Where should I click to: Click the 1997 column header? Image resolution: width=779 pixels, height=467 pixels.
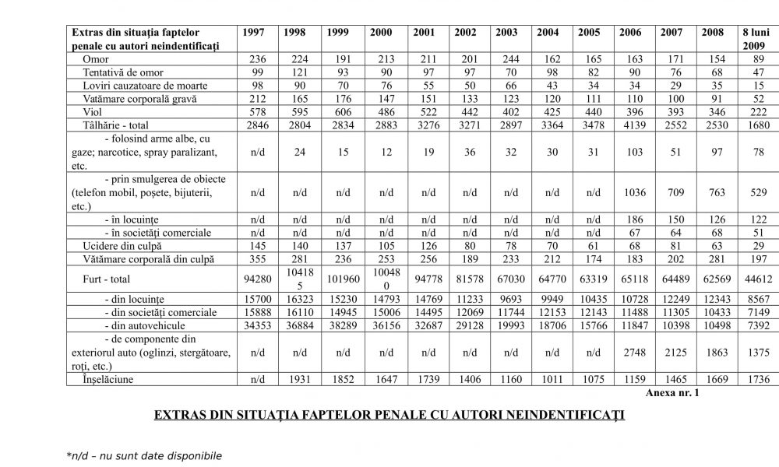point(253,33)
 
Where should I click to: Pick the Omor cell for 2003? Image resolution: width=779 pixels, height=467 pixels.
point(505,59)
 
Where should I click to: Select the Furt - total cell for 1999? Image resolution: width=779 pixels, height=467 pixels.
point(337,279)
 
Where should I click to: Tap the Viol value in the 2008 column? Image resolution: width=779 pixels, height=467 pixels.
point(714,112)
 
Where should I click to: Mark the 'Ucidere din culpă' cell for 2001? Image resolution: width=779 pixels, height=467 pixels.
point(424,245)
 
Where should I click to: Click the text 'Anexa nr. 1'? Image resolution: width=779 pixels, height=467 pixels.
point(672,393)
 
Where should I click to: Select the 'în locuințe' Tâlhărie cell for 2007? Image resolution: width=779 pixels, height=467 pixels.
point(672,219)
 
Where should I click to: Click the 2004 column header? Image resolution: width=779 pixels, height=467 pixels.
point(547,33)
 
